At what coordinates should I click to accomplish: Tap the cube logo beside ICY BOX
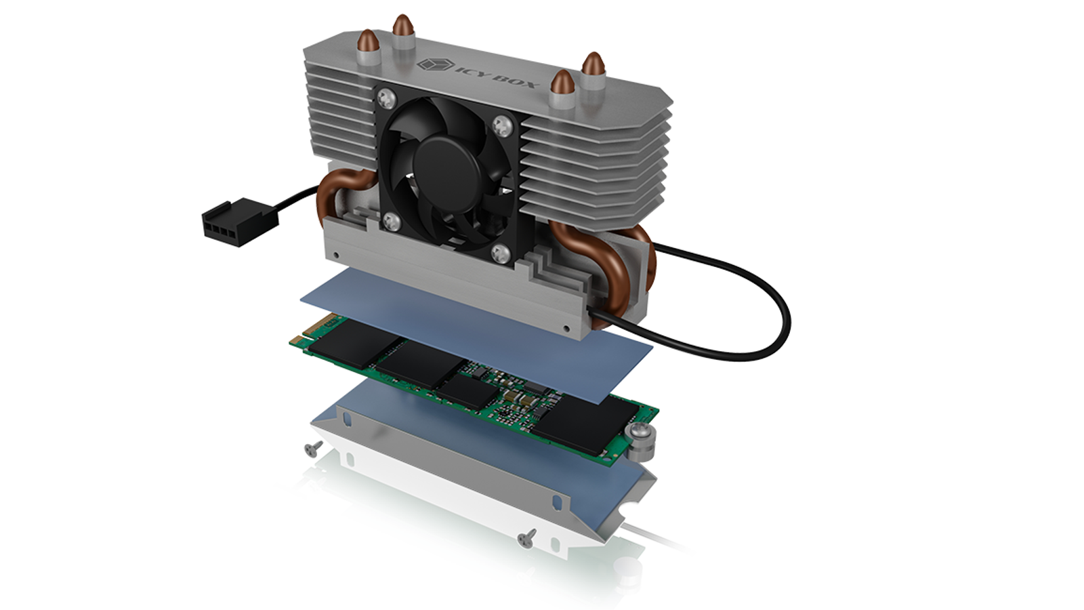click(435, 64)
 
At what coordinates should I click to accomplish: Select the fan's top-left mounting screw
click(387, 99)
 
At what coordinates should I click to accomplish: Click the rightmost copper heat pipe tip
click(592, 64)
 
